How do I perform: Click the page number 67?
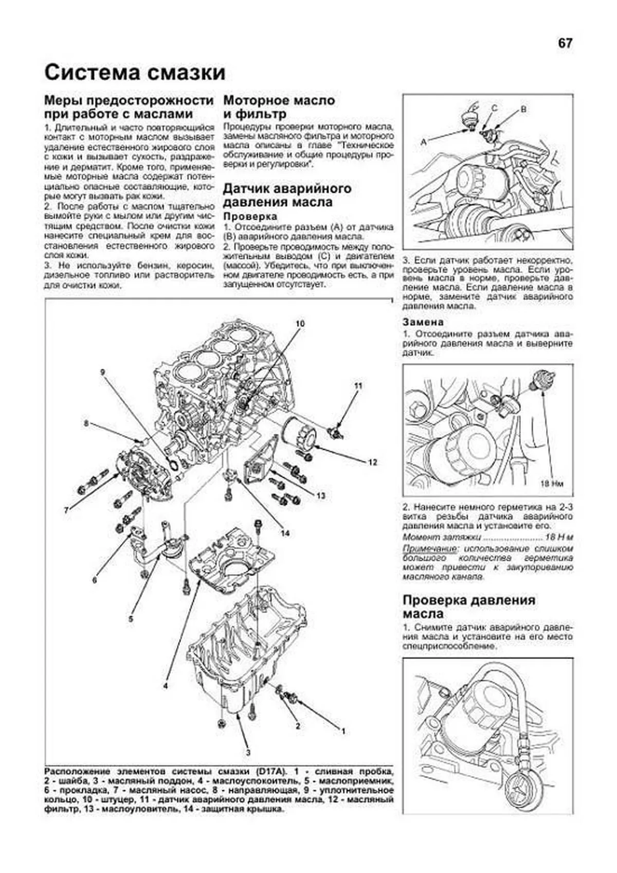(565, 43)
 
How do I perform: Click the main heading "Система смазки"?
(135, 73)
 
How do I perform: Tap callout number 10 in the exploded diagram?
(300, 324)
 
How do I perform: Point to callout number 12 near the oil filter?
(372, 462)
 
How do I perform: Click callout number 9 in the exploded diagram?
(103, 372)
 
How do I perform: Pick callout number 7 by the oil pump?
(67, 509)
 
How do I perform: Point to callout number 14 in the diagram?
(285, 533)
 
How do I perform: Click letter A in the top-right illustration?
(424, 142)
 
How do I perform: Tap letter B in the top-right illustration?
(523, 110)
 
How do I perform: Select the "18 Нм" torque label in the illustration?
(552, 484)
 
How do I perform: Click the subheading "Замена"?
(423, 322)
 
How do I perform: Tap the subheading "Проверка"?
(250, 216)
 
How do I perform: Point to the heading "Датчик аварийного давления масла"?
(287, 195)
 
